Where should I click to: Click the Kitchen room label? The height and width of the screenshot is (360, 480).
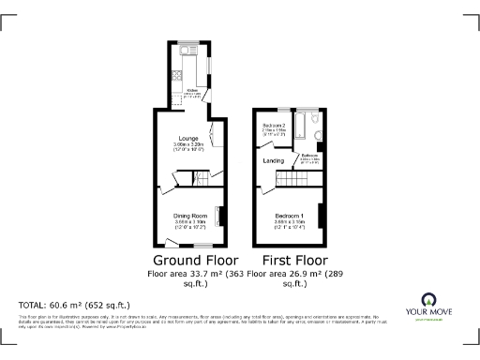point(191,90)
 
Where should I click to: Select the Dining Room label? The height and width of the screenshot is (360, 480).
point(189,215)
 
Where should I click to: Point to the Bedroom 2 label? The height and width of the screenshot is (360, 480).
point(274,125)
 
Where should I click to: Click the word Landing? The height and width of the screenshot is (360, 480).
point(273,161)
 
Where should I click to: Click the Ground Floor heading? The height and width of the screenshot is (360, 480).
point(195,260)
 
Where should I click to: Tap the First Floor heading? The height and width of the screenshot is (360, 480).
point(294,260)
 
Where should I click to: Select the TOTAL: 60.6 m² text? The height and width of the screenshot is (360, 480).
point(75,306)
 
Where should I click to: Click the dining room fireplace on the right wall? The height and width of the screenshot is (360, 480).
point(221,216)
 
